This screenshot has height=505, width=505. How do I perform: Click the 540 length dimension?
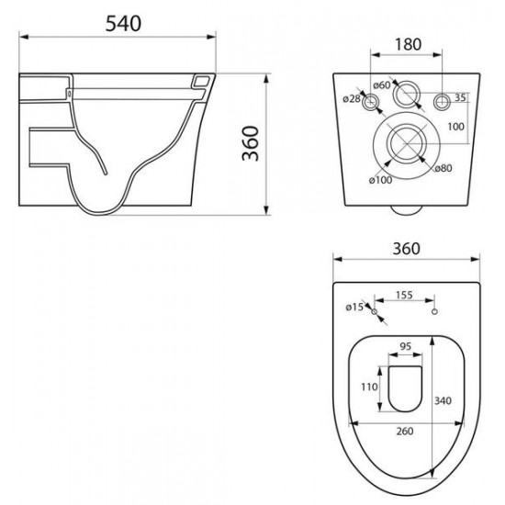coord(123,24)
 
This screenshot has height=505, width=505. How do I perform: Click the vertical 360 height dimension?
coord(251,143)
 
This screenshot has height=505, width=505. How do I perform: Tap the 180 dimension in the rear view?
coord(408,44)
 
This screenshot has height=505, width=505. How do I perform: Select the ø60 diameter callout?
coord(382,85)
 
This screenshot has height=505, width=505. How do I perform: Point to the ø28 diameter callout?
coord(352,98)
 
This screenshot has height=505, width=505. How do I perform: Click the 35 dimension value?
coord(460,97)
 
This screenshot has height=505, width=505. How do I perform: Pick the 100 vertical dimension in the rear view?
coord(455,127)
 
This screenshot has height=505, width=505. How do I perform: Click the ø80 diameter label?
coord(443,168)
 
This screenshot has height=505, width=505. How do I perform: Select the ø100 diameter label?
coord(381,180)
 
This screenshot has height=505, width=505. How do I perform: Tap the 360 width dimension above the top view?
coord(407,249)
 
